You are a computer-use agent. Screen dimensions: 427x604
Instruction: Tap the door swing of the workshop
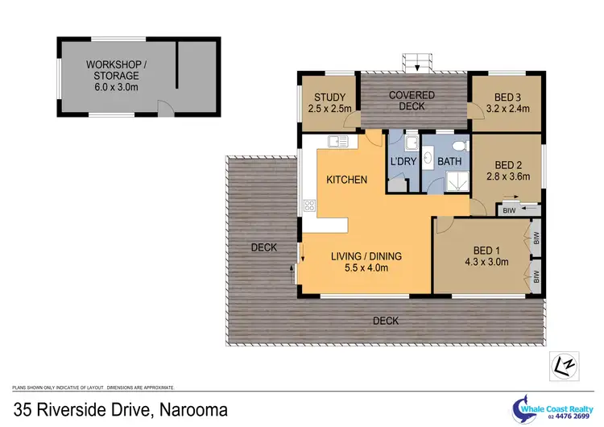[164, 106]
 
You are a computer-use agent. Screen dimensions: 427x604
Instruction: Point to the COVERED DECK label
[412, 101]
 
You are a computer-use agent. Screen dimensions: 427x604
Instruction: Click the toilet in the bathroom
[459, 145]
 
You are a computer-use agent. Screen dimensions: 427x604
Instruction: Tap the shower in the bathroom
[459, 181]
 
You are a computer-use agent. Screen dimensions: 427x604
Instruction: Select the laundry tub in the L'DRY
[409, 144]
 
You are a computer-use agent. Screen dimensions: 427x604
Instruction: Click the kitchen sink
[337, 142]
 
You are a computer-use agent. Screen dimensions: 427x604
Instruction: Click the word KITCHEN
[346, 179]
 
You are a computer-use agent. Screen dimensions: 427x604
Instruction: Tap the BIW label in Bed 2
[508, 210]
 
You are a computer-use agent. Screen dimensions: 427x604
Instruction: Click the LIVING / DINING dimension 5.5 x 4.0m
[366, 268]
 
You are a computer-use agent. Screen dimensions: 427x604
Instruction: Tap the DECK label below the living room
[386, 321]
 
